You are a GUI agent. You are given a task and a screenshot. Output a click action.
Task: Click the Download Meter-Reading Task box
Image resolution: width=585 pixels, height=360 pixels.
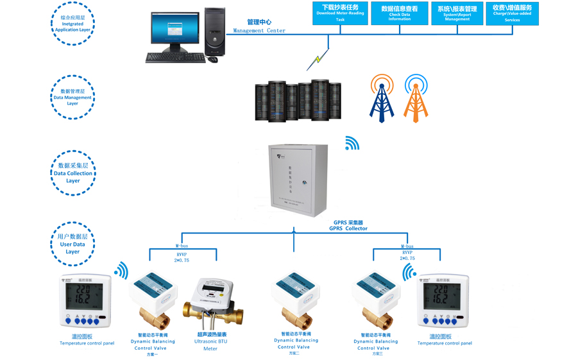click(340, 13)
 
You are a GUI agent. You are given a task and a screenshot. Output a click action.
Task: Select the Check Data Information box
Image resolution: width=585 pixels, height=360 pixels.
click(399, 13)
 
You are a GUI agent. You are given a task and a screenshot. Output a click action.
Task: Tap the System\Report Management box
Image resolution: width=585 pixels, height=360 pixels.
click(457, 13)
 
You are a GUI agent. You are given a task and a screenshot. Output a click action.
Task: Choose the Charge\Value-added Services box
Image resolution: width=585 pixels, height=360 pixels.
click(512, 13)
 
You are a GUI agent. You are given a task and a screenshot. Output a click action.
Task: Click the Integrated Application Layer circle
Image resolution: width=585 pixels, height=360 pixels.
click(72, 24)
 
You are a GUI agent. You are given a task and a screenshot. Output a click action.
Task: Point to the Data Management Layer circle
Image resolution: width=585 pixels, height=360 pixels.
click(72, 98)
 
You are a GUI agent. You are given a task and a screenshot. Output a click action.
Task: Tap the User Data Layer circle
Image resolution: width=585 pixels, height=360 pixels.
click(72, 244)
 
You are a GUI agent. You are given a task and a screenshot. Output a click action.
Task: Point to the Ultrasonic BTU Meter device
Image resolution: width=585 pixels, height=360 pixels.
click(212, 304)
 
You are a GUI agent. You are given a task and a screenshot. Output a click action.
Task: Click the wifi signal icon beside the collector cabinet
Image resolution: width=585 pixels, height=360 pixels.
click(352, 143)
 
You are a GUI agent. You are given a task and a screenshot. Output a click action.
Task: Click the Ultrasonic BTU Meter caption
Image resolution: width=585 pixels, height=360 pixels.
click(211, 341)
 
